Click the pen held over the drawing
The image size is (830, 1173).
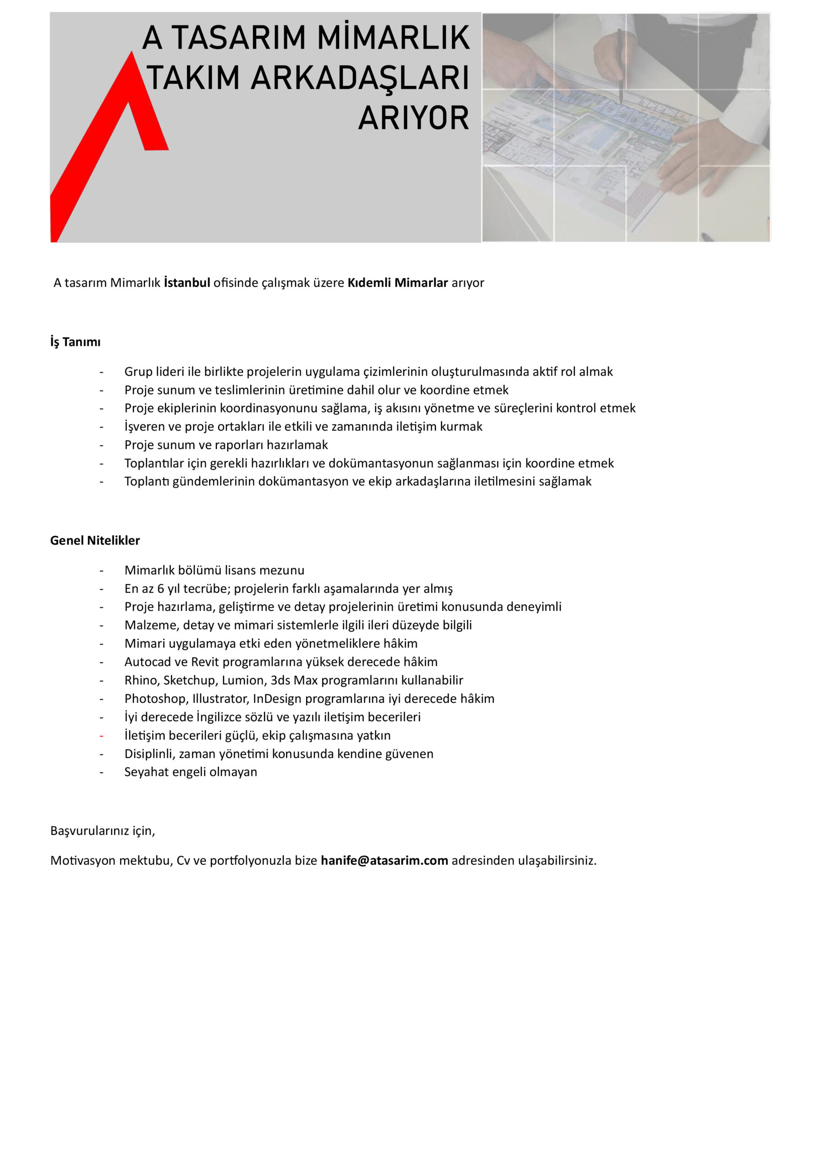(621, 66)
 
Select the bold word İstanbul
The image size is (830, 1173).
(187, 283)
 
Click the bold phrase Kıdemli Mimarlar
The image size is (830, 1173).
(398, 283)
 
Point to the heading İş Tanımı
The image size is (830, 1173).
(75, 342)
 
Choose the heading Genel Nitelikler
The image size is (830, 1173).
(95, 541)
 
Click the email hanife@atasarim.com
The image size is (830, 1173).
(385, 861)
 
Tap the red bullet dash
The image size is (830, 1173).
(102, 736)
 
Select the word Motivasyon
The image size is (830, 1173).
(84, 861)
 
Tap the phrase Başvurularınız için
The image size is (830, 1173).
(102, 831)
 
